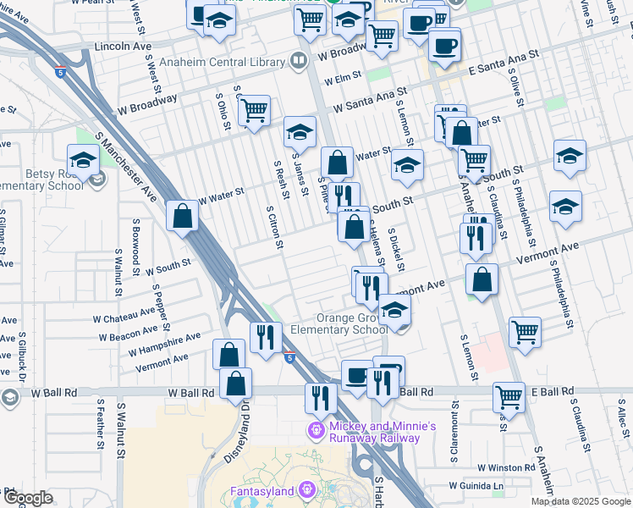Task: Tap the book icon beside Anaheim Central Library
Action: (299, 60)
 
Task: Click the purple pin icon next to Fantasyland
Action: (305, 490)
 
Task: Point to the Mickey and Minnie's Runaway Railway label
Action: (373, 432)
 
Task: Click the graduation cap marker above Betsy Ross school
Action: (83, 158)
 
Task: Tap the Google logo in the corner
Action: (28, 498)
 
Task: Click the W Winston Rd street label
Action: (504, 467)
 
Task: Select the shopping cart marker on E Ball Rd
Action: (508, 395)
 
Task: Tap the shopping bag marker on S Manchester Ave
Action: (183, 216)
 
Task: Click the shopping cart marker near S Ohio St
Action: (254, 109)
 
